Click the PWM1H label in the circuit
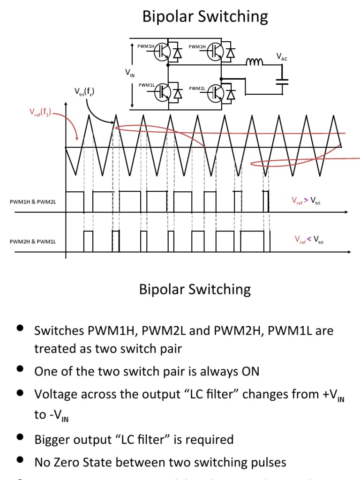pyautogui.click(x=145, y=46)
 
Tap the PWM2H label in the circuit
pyautogui.click(x=197, y=46)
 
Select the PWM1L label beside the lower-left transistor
pyautogui.click(x=146, y=85)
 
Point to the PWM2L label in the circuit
pyautogui.click(x=197, y=88)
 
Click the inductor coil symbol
pyautogui.click(x=255, y=61)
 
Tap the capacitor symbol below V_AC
pyautogui.click(x=282, y=82)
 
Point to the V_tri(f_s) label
pyautogui.click(x=84, y=91)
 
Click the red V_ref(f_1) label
pyautogui.click(x=41, y=112)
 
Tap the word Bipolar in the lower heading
pyautogui.click(x=162, y=289)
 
